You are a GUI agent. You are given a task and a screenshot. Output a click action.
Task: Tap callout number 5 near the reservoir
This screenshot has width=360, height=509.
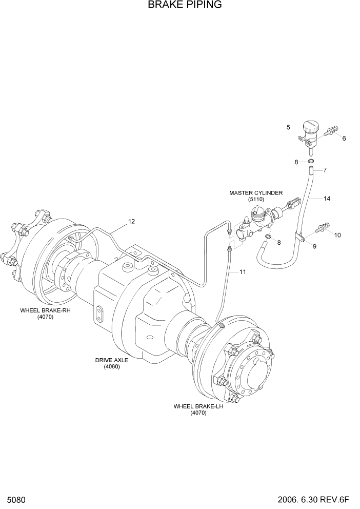[x=288, y=127]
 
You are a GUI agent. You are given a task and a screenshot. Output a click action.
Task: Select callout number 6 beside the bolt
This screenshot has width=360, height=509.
[x=344, y=138]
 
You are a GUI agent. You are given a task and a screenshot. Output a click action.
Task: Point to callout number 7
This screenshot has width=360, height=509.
[x=325, y=170]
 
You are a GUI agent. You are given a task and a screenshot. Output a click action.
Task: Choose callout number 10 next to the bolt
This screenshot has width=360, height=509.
[x=337, y=235]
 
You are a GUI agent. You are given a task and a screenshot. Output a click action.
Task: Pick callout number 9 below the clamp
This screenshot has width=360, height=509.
[x=314, y=246]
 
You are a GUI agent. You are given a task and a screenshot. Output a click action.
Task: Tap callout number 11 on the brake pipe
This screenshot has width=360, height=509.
[x=243, y=271]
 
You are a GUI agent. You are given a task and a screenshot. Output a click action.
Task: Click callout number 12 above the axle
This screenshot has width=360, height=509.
[x=131, y=222]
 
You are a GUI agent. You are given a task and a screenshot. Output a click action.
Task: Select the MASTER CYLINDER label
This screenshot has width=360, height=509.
[x=255, y=193]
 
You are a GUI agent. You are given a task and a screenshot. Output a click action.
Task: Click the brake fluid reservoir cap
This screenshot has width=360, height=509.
[x=310, y=126]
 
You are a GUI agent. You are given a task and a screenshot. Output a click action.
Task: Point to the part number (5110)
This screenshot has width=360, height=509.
[x=255, y=199]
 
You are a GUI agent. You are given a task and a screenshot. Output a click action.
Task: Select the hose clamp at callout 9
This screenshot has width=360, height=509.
[x=302, y=237]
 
